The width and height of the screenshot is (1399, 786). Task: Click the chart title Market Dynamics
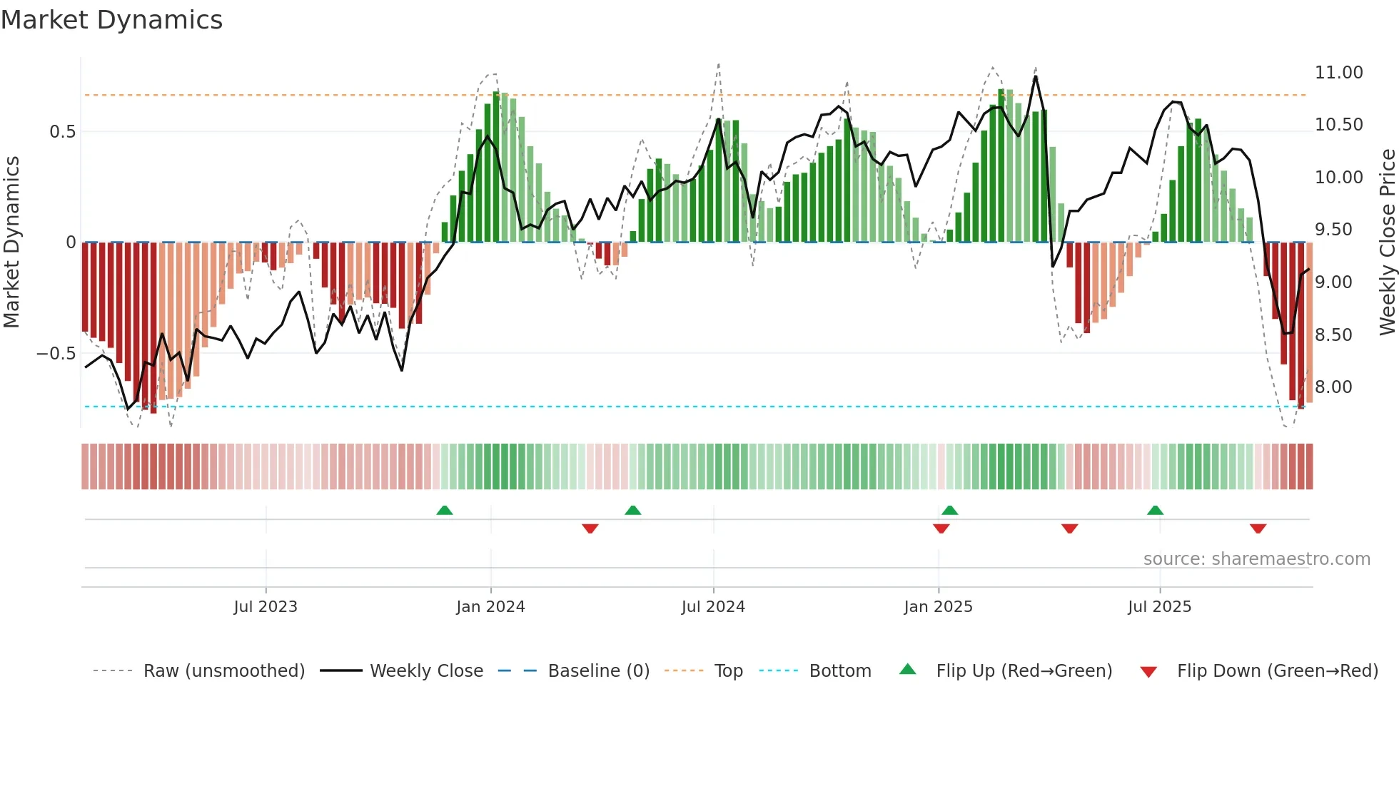(x=111, y=20)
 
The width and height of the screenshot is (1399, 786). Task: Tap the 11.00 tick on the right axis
(x=1338, y=73)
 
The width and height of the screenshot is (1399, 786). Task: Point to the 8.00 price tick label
(x=1333, y=387)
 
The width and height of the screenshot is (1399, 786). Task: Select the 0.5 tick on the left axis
(x=62, y=132)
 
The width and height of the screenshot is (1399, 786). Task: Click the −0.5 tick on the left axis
(x=56, y=354)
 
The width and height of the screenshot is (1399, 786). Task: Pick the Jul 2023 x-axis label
(x=266, y=607)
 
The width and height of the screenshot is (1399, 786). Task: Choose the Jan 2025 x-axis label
(x=938, y=607)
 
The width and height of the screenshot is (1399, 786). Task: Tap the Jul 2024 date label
(x=713, y=607)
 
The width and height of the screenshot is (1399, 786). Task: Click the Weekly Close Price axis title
(x=1387, y=242)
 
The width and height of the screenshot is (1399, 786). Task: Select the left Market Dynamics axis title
(x=11, y=242)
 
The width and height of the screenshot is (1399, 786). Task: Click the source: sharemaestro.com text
(x=1256, y=559)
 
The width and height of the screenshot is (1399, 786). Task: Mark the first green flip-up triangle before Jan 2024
(x=445, y=511)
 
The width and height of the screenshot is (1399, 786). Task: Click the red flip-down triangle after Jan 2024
(x=590, y=529)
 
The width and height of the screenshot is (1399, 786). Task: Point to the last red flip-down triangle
(x=1258, y=529)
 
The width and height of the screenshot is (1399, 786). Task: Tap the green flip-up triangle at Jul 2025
(x=1155, y=511)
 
